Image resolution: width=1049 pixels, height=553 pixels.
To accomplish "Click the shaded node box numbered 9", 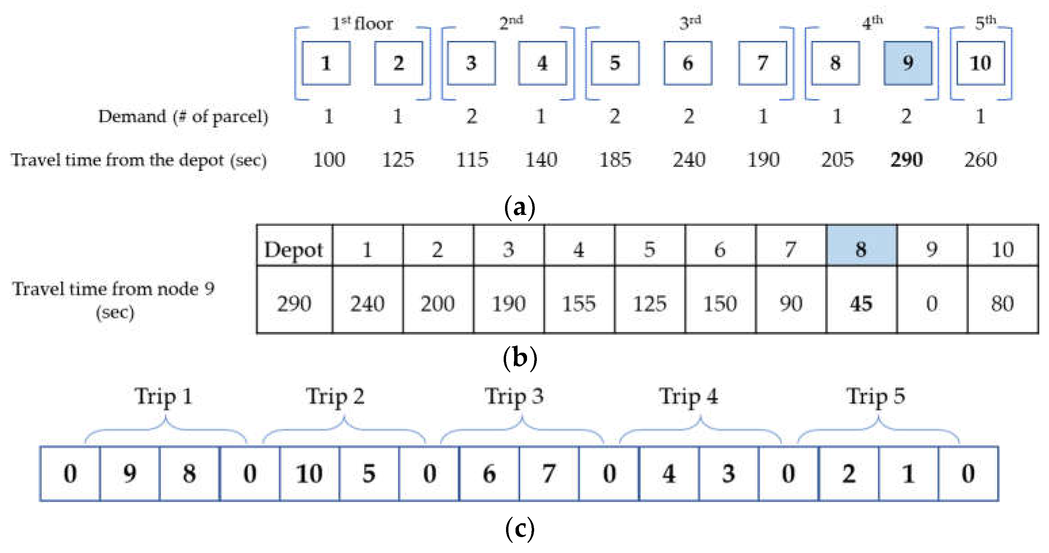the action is (x=907, y=63).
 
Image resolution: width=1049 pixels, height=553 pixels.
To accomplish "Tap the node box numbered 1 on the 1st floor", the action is (x=326, y=63).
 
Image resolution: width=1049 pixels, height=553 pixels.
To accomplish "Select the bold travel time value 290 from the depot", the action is (x=906, y=159).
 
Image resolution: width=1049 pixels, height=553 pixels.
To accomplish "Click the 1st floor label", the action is (x=362, y=23).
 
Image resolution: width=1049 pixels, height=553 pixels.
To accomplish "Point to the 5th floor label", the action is (x=985, y=22).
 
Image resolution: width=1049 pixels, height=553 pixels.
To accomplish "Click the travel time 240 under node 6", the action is (x=689, y=159).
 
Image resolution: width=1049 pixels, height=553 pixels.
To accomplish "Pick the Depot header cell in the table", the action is (x=294, y=249).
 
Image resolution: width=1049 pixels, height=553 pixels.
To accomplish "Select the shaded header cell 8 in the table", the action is (x=861, y=249).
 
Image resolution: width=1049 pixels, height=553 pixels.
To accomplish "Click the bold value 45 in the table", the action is (x=861, y=304).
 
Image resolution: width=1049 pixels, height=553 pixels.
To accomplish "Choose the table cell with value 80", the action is (x=1002, y=304).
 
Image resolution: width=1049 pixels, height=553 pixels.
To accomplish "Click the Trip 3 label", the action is (x=514, y=397).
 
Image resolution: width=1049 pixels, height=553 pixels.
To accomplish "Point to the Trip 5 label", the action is (x=876, y=397).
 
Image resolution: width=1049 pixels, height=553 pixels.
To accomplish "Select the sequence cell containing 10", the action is (x=309, y=474).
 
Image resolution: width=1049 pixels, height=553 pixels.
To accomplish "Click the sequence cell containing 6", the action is (x=489, y=474).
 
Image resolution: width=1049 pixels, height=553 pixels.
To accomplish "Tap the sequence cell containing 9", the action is (x=129, y=474).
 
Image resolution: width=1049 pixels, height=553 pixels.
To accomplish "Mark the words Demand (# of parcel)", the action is (x=183, y=117).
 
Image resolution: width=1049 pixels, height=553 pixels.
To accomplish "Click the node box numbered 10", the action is (x=980, y=63).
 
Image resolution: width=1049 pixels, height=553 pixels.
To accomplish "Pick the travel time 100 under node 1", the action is (x=329, y=159).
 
